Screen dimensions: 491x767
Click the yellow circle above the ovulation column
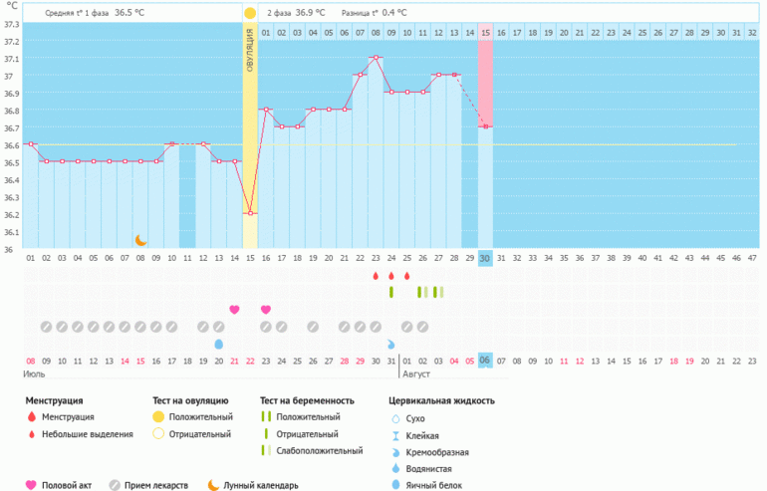[x=250, y=12]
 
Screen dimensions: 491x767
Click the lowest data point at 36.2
[x=250, y=213]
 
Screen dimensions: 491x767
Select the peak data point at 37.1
[x=376, y=58]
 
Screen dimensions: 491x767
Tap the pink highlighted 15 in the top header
[x=485, y=33]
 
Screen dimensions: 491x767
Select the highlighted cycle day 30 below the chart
[x=485, y=258]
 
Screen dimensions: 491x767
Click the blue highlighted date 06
[x=485, y=360]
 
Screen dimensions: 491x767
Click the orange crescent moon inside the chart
[x=141, y=240]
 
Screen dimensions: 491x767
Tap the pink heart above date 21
[x=234, y=310]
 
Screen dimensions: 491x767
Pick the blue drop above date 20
[x=218, y=344]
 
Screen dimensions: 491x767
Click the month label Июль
[x=35, y=374]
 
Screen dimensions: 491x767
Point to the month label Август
[x=418, y=374]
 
